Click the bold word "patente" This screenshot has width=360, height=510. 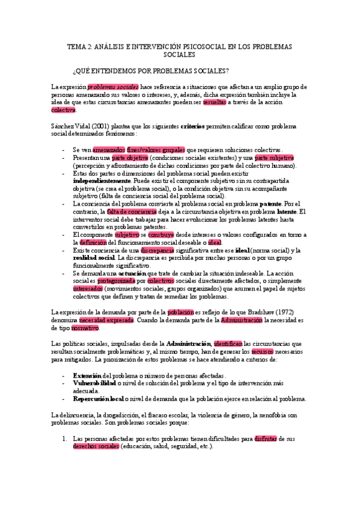266,203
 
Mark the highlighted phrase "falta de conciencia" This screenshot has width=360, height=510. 132,211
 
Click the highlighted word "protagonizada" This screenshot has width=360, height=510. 115,280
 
